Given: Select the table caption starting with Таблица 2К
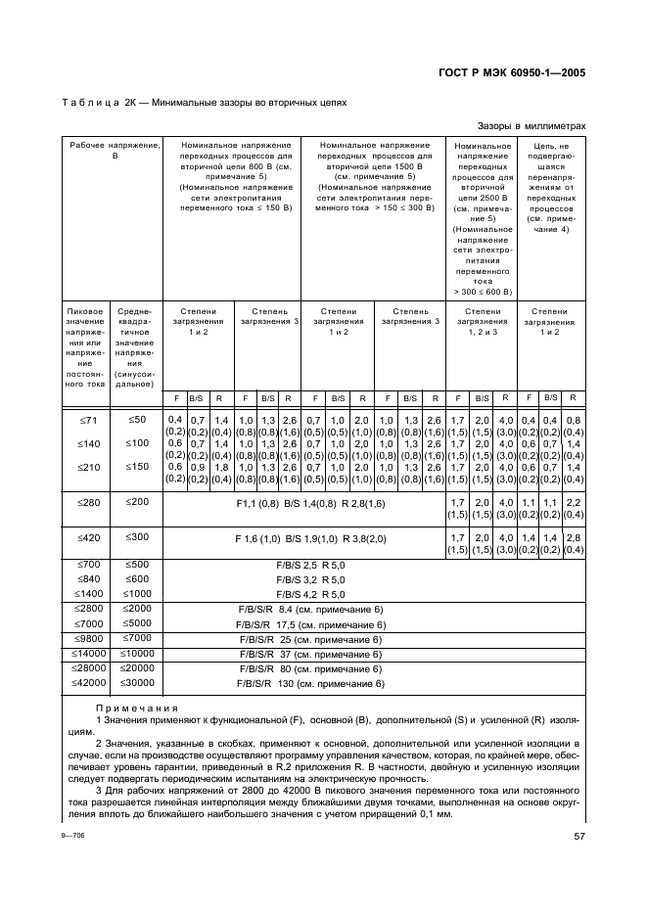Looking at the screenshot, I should (x=204, y=102).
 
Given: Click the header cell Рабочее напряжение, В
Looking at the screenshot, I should (x=114, y=150).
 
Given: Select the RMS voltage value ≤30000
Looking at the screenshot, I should (x=137, y=683).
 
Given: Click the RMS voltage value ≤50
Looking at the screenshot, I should (x=137, y=420).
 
